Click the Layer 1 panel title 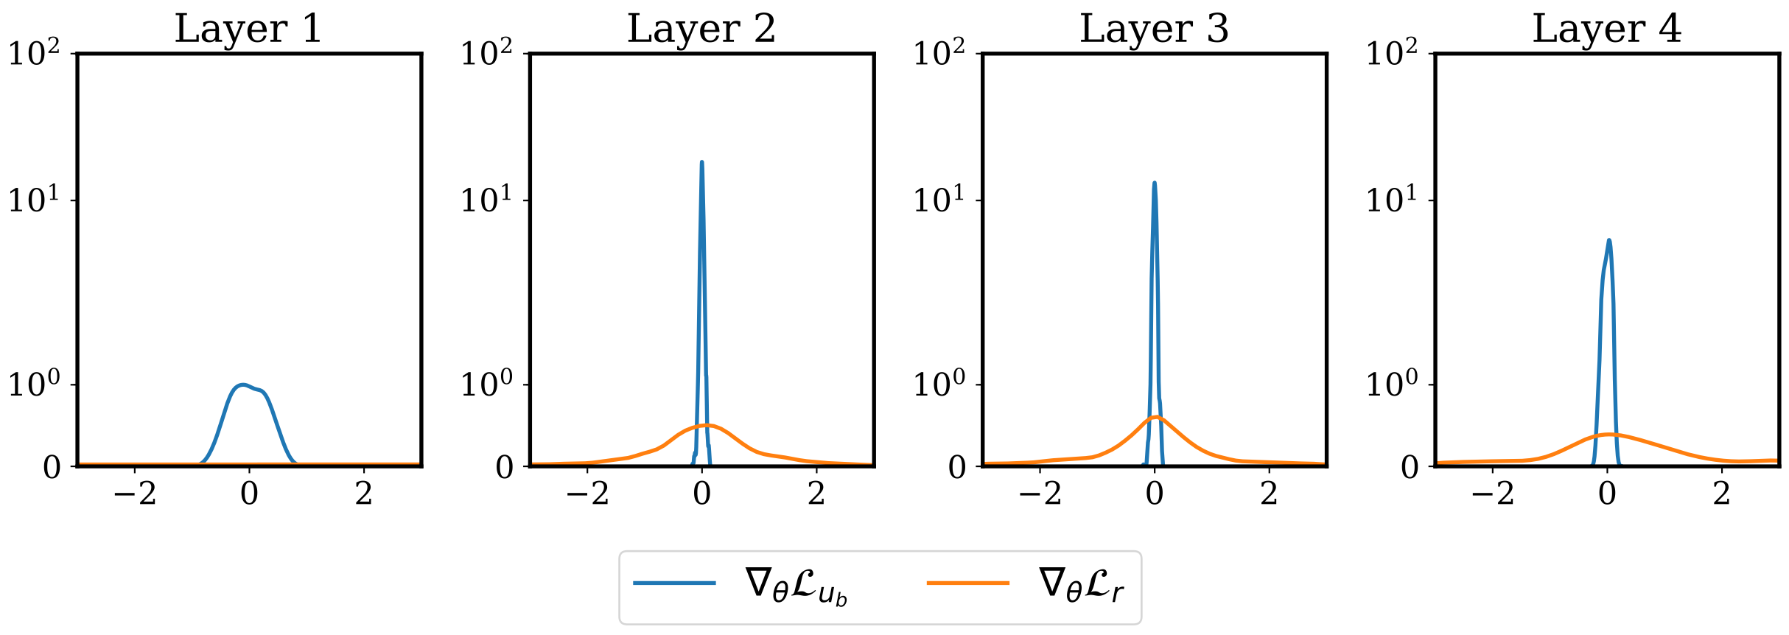point(248,29)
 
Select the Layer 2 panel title point(701,29)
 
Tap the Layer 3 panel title point(1154,29)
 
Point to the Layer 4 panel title point(1606,29)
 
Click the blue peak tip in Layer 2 point(701,162)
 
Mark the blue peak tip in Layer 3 point(1154,183)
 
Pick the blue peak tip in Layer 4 point(1608,240)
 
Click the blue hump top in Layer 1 point(242,385)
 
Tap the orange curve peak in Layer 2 point(706,425)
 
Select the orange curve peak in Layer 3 point(1155,417)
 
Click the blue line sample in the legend point(674,583)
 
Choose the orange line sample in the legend point(967,583)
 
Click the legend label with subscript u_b point(796,586)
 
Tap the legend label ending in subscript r point(1080,586)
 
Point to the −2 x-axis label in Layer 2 point(587,494)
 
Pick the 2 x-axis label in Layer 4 point(1721,494)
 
